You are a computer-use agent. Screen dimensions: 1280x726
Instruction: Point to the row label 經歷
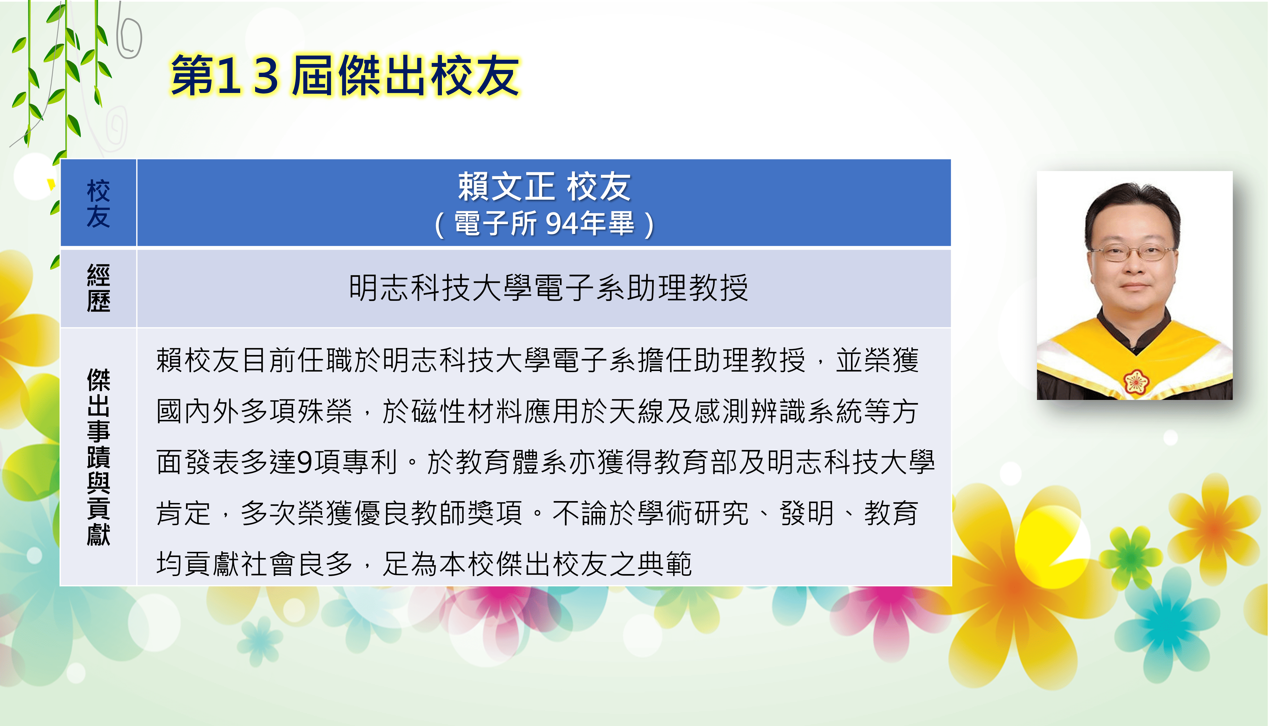98,288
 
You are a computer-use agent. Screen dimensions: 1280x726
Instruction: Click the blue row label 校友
98,203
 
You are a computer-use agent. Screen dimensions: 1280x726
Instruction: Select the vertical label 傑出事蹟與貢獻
98,457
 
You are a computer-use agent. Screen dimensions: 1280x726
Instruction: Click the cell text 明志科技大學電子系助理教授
548,288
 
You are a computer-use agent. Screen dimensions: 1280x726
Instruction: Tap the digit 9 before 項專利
304,462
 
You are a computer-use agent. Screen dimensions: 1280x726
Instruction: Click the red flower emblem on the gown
1136,381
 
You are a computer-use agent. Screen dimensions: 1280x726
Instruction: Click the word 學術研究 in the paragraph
693,513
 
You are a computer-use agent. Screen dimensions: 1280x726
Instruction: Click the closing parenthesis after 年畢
648,224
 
